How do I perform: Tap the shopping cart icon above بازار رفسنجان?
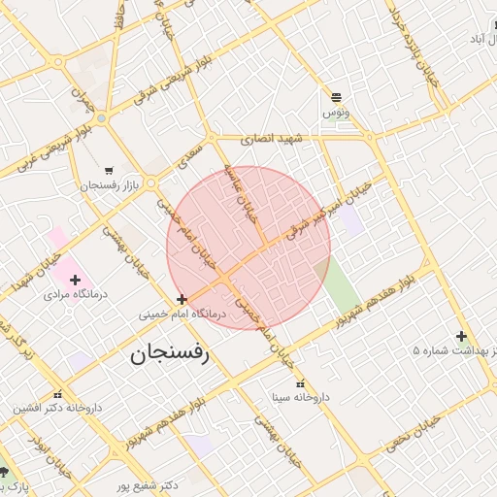point(108,170)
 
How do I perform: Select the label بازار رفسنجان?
point(111,184)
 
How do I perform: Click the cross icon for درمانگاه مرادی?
point(75,280)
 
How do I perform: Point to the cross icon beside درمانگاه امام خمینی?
point(182,299)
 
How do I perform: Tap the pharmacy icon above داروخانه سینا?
point(300,384)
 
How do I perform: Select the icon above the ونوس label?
point(336,97)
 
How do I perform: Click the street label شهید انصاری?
point(272,139)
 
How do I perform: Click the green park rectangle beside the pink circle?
point(339,285)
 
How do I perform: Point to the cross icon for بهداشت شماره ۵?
point(462,336)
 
